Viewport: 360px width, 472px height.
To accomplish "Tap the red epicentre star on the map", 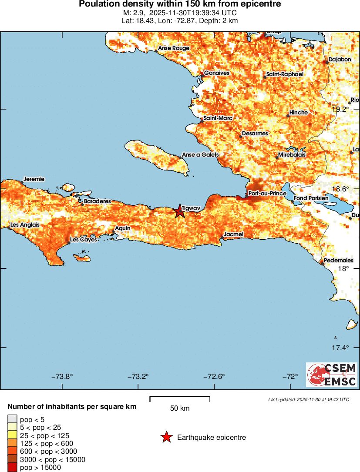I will point(179,211).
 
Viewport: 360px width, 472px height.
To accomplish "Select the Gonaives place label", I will point(216,73).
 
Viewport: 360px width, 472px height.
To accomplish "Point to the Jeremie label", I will point(34,179).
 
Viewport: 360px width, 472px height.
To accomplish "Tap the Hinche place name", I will point(298,112).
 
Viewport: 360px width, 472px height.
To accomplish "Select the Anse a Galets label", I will point(200,154).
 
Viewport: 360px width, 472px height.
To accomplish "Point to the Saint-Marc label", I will point(218,118).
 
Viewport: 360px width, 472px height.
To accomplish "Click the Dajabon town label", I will point(340,59).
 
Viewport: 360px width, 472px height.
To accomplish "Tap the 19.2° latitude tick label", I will point(340,109).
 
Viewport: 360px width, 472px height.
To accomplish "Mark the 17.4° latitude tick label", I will point(340,348).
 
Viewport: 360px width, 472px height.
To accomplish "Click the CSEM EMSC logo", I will point(332,375).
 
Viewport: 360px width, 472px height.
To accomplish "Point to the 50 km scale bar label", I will point(179,408).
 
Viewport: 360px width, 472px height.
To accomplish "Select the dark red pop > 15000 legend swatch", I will point(12,468).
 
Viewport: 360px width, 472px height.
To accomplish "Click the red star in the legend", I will point(166,437).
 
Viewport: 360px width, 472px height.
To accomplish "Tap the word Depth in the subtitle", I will point(209,20).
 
